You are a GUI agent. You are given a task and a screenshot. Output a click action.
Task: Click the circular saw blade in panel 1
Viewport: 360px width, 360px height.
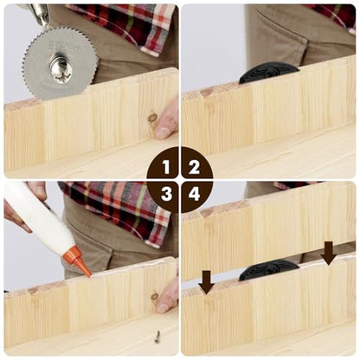(60, 64)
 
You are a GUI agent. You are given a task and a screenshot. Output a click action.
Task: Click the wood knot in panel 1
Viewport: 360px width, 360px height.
(152, 118)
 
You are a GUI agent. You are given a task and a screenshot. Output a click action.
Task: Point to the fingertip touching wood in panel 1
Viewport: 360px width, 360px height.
(164, 132)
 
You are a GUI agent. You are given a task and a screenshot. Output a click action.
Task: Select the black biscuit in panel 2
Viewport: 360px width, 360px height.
(268, 72)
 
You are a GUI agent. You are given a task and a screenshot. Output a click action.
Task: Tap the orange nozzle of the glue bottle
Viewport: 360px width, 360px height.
(81, 262)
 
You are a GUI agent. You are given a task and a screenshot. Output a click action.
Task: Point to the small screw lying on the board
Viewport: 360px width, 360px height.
(157, 337)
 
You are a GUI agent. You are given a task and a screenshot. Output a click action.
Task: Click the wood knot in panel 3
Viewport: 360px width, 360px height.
(155, 297)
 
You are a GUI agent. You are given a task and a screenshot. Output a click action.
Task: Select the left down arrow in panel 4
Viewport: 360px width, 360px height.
(207, 282)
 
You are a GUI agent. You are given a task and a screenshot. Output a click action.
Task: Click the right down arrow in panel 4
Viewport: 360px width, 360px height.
(328, 254)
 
